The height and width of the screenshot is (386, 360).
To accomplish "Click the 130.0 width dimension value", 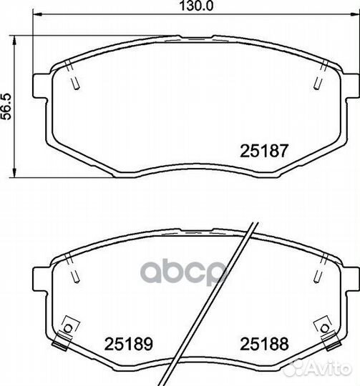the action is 196,6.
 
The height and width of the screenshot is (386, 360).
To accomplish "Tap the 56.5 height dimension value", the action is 6,107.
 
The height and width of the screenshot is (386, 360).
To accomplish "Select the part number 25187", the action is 264,151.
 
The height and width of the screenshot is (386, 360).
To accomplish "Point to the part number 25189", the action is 129,344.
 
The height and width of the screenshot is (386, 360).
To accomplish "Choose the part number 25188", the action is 264,344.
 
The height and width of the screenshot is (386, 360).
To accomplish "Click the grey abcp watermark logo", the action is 183,272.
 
